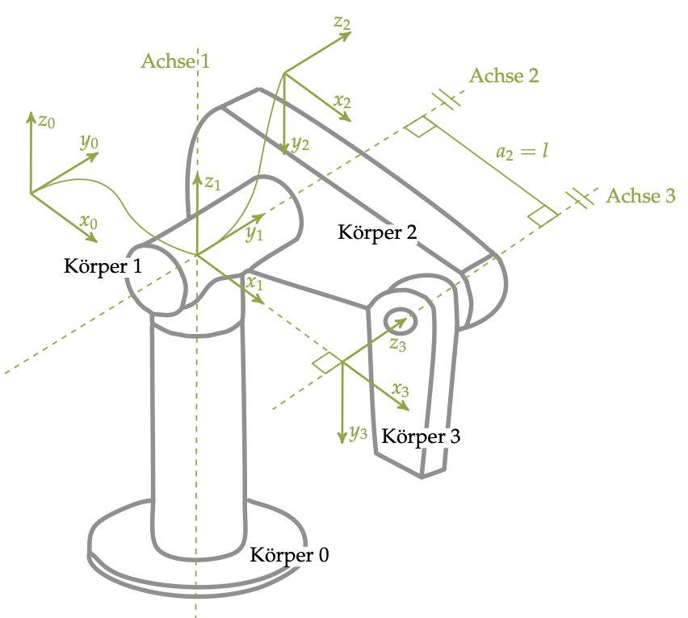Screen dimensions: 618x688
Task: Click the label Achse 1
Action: coord(175,61)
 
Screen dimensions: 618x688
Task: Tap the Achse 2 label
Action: coord(504,77)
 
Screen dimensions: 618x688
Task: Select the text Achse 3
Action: coord(640,196)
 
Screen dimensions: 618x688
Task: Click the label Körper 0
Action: coord(289,555)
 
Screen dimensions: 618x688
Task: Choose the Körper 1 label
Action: coord(103,266)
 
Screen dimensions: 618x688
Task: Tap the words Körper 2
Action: coord(377,233)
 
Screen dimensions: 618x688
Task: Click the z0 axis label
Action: coord(47,122)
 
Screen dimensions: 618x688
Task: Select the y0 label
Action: coord(89,143)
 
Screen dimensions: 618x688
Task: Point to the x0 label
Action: coord(89,221)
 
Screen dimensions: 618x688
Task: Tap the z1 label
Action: coord(212,183)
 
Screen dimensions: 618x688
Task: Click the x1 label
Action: coord(255,283)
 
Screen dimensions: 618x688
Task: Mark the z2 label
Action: coord(342,22)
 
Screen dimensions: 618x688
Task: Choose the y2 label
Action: coord(300,144)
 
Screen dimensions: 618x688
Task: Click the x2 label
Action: coord(342,102)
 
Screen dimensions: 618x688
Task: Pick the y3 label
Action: coord(359,432)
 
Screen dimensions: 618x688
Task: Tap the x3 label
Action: coord(401,389)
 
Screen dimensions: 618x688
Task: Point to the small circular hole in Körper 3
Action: coord(401,321)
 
